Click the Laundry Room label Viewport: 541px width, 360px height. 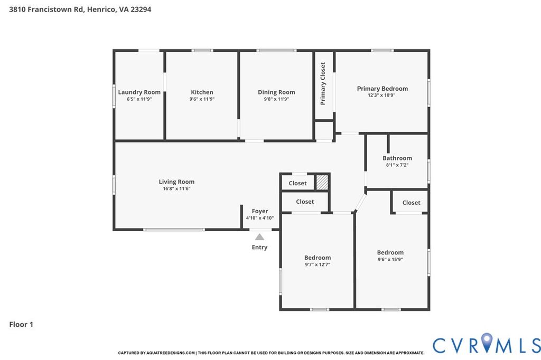click(x=139, y=92)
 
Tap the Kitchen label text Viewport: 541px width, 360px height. click(x=202, y=92)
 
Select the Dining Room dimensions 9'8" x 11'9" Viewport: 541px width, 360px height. click(x=276, y=99)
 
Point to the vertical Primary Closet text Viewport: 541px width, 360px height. click(x=323, y=83)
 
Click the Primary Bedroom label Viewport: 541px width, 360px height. click(x=383, y=89)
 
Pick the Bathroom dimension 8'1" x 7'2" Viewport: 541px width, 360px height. click(x=397, y=165)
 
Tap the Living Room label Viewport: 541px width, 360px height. click(x=176, y=182)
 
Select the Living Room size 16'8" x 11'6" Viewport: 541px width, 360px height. click(x=176, y=188)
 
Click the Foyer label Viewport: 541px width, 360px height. click(x=260, y=211)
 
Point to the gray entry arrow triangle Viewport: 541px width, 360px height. click(x=259, y=237)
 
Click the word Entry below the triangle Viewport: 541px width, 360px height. click(x=259, y=247)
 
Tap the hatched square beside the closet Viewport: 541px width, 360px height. click(x=322, y=182)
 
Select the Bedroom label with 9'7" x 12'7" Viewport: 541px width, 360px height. click(x=318, y=258)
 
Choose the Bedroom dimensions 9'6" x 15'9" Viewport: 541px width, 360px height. click(x=390, y=259)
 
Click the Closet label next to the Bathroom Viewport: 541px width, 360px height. click(x=411, y=203)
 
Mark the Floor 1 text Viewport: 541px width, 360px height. click(x=21, y=324)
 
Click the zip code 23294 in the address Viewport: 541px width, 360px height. click(x=141, y=10)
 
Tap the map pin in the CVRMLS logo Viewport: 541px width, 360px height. click(x=487, y=343)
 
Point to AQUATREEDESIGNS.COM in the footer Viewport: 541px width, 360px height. click(x=171, y=353)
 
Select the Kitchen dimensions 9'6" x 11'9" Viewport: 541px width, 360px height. click(x=202, y=99)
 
